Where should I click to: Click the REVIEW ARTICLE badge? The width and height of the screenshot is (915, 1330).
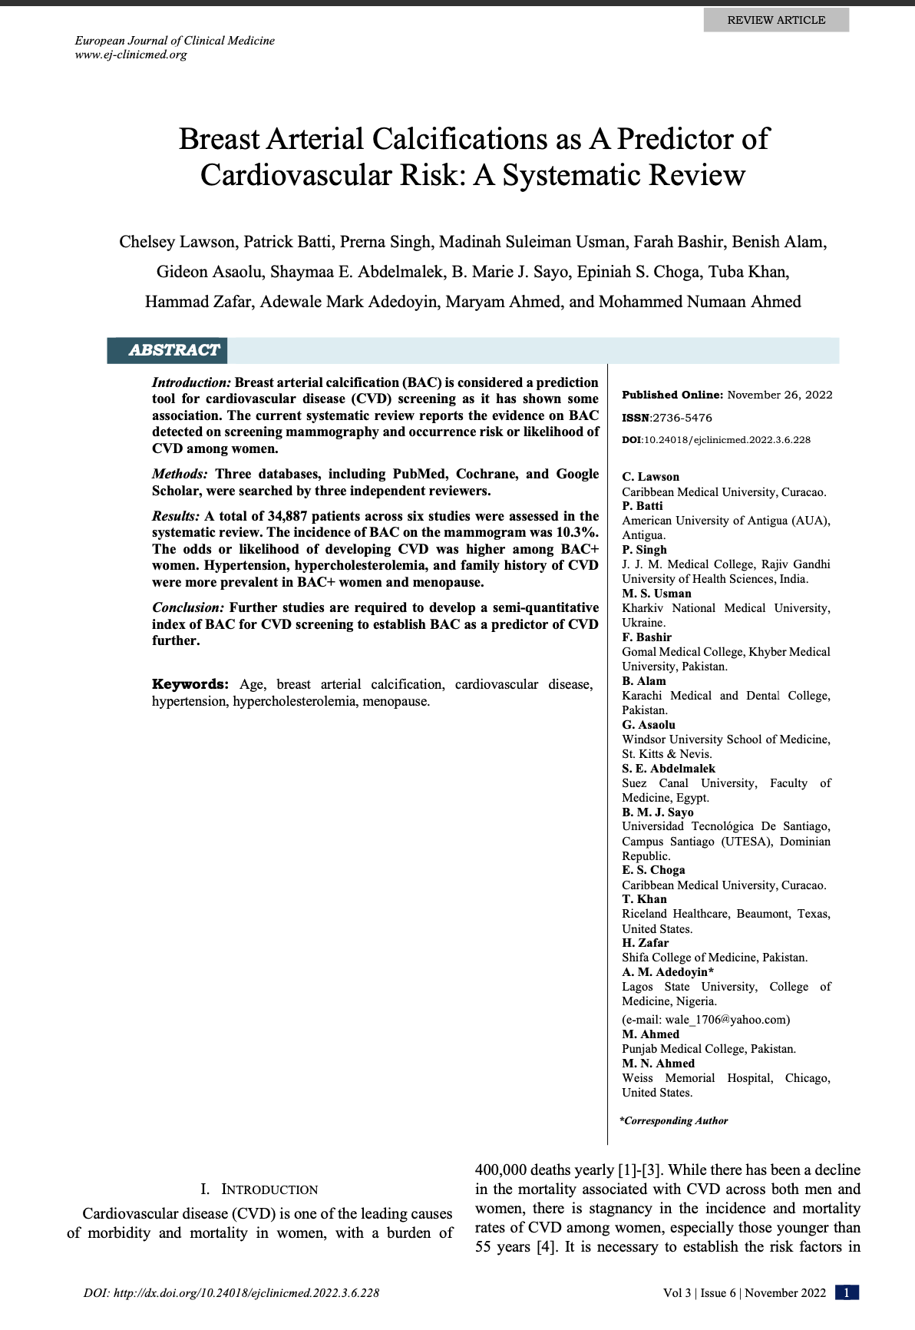tap(776, 20)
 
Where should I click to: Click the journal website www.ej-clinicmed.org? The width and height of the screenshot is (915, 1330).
tap(130, 55)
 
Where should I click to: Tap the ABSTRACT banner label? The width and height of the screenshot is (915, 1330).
tap(174, 350)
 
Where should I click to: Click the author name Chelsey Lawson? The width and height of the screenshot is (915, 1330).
tap(177, 243)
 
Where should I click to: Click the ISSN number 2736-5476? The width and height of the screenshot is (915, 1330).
tap(682, 418)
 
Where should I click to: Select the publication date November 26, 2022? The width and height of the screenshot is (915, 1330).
tap(779, 395)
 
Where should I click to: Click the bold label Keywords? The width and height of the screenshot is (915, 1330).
tap(190, 684)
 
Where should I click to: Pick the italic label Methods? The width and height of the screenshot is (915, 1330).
tap(180, 474)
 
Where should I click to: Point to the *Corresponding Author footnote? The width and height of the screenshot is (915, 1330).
tap(674, 1121)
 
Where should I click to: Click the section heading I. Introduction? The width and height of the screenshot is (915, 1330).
tap(259, 1189)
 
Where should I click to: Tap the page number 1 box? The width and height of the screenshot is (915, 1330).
tap(847, 1292)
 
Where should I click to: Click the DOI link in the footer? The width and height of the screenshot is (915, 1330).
tap(231, 1293)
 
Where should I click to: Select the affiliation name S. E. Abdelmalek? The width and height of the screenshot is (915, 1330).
tap(668, 769)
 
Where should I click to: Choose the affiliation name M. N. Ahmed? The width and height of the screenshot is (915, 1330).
tap(658, 1064)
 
